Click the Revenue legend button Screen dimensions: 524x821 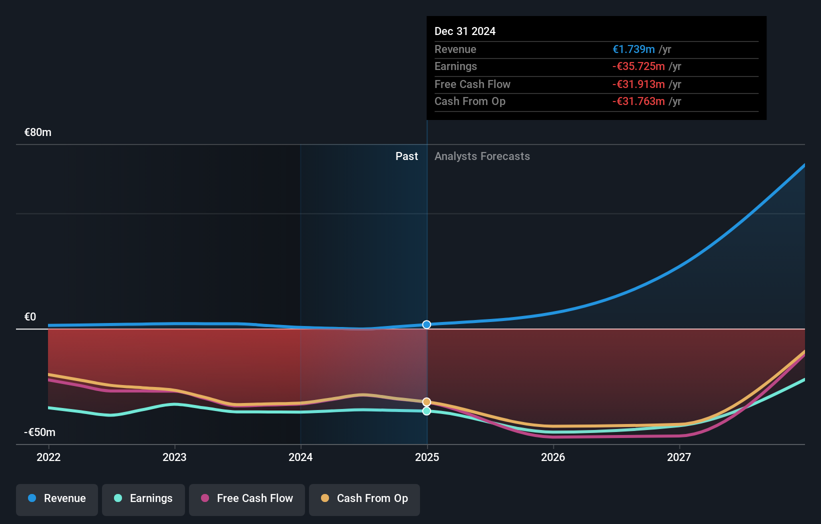[57, 498]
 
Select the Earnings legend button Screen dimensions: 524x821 [143, 498]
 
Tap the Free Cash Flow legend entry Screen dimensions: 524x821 [247, 498]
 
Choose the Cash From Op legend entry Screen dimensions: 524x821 [364, 498]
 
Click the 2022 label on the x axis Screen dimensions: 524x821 [48, 457]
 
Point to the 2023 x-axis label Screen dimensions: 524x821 [174, 457]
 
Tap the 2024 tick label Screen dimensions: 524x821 [300, 457]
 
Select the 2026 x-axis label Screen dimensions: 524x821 [553, 457]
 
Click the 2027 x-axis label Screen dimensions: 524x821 [679, 457]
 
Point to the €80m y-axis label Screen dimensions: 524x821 [38, 132]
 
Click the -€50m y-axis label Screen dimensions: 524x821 [40, 432]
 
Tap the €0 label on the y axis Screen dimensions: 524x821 [30, 317]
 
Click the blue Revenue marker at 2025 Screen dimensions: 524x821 [426, 324]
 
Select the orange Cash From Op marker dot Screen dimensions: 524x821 [426, 402]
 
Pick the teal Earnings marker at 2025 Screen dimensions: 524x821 [426, 411]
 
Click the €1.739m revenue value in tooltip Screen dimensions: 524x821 [633, 49]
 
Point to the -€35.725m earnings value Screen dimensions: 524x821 [638, 66]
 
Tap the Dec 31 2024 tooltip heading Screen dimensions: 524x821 [465, 31]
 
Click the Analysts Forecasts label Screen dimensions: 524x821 [482, 156]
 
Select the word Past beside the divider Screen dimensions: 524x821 [406, 156]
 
